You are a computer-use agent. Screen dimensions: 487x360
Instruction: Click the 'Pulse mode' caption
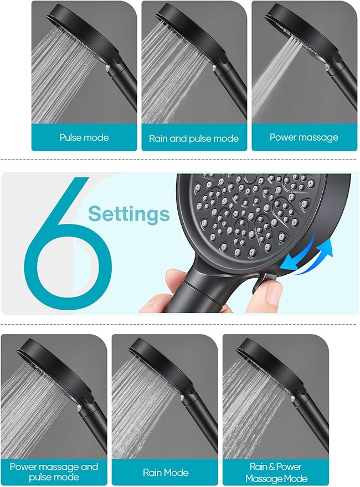(x=84, y=137)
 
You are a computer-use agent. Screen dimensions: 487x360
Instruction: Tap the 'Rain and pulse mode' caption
(x=194, y=138)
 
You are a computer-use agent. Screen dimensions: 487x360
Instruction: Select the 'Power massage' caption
(x=304, y=137)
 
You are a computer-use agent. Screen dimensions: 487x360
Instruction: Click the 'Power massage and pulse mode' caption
(x=54, y=472)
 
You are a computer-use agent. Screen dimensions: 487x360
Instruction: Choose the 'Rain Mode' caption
(x=166, y=473)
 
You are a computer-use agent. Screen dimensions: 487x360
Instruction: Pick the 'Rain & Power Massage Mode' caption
(x=276, y=472)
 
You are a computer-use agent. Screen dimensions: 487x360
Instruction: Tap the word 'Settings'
(x=129, y=213)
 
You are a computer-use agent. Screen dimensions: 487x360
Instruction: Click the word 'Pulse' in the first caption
(x=71, y=137)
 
